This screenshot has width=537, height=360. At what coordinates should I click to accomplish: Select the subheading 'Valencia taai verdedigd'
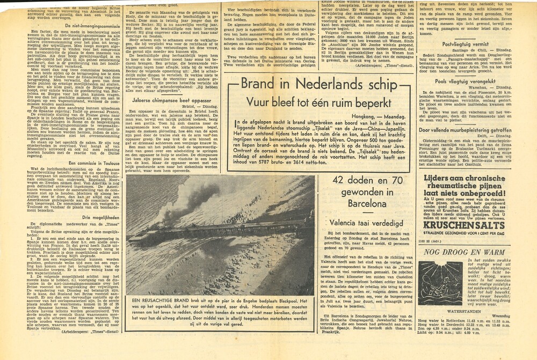pos(364,221)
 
